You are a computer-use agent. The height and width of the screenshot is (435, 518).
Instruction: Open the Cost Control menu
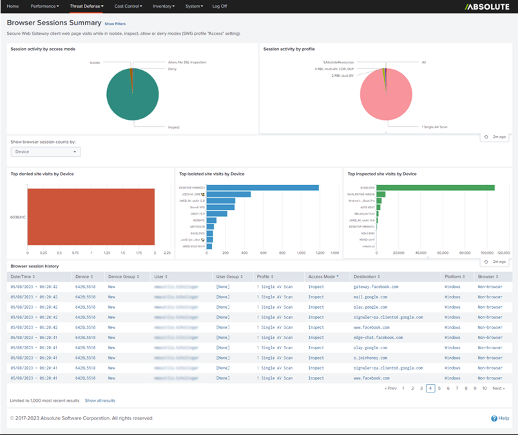(128, 6)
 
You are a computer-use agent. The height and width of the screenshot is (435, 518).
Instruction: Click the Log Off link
(220, 6)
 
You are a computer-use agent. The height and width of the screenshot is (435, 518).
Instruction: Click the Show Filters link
(115, 23)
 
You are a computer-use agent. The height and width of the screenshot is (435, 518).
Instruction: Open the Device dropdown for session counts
(45, 152)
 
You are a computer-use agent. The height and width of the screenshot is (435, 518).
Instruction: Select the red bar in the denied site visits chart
(91, 217)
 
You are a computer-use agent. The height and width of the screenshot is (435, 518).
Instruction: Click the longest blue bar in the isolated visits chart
(262, 188)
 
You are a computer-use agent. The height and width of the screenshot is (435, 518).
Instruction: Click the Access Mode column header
(323, 276)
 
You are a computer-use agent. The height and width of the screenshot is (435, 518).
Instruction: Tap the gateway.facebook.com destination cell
(376, 287)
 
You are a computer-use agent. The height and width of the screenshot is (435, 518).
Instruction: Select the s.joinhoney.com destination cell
(371, 357)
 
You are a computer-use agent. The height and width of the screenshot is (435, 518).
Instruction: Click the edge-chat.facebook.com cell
(378, 337)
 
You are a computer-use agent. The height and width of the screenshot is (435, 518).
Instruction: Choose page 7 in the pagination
(457, 389)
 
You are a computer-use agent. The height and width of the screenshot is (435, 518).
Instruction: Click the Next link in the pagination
(498, 389)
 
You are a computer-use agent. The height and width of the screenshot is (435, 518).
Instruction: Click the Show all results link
(100, 401)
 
